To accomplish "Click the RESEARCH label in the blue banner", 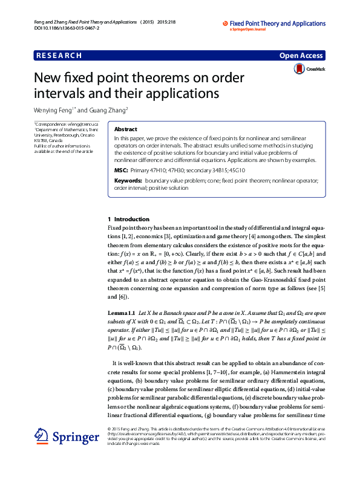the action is pos(59,56).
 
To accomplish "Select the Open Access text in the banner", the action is pos(302,56).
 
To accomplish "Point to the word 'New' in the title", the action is pos(46,79).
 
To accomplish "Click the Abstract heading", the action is pos(125,129).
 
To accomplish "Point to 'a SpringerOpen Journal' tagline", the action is pos(249,29).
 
